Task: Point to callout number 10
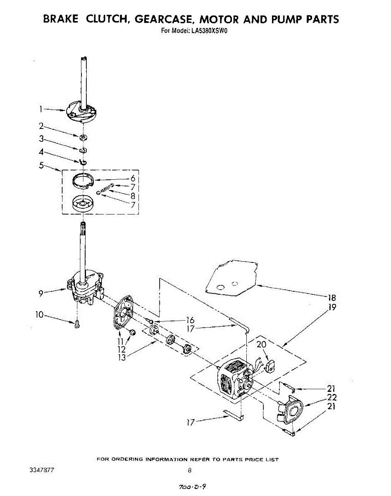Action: [x=39, y=315]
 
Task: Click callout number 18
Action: [x=331, y=298]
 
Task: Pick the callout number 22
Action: [x=331, y=398]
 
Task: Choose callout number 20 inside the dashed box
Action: [x=262, y=344]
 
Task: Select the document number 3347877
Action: [x=41, y=470]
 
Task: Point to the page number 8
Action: [x=189, y=470]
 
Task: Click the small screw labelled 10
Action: [x=77, y=326]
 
